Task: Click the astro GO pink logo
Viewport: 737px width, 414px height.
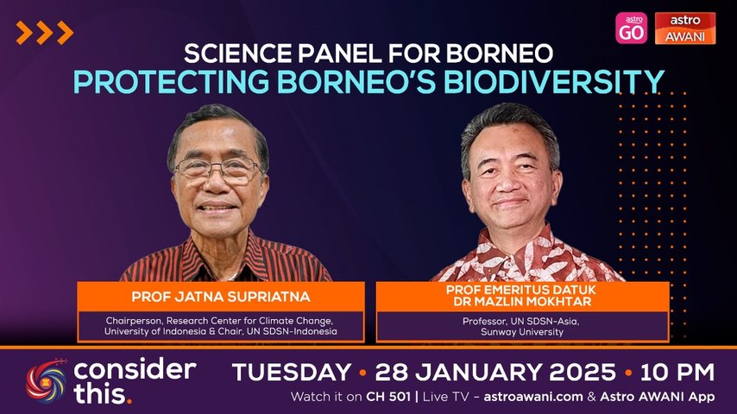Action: point(631,28)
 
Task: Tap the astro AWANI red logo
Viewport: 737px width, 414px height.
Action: point(685,28)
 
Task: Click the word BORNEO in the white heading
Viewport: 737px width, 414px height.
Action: point(499,53)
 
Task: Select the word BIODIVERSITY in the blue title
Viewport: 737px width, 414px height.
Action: point(554,81)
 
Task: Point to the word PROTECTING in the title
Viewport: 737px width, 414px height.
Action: point(171,82)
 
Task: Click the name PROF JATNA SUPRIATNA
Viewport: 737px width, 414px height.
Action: point(221,297)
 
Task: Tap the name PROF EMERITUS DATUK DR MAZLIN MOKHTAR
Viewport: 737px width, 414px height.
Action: point(521,296)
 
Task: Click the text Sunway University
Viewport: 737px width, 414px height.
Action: point(522,332)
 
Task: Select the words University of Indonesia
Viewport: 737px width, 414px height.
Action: point(154,331)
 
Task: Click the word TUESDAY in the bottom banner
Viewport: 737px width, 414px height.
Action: point(292,373)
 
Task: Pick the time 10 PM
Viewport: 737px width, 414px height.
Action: point(677,373)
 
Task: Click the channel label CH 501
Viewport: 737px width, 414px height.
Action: point(388,397)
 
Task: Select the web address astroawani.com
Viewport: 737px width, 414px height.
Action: point(533,397)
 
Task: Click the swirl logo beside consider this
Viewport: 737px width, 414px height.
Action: point(47,381)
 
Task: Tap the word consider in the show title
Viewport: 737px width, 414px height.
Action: point(135,370)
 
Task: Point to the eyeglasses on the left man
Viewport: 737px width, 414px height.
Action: point(218,169)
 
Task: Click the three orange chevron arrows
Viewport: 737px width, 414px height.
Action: point(45,33)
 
